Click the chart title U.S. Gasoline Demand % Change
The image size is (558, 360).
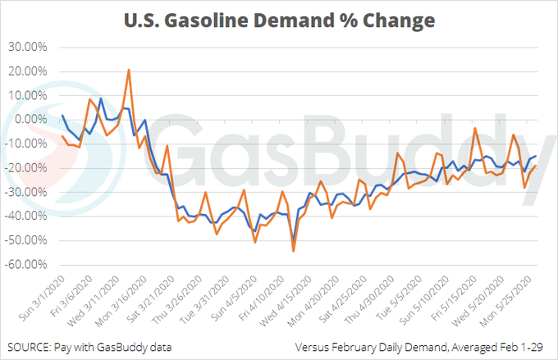coord(280,17)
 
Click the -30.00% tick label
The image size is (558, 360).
coord(30,193)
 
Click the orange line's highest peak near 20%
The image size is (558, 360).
coord(129,70)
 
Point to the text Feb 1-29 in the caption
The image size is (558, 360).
coord(524,347)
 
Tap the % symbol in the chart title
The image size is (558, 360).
coord(361,17)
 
